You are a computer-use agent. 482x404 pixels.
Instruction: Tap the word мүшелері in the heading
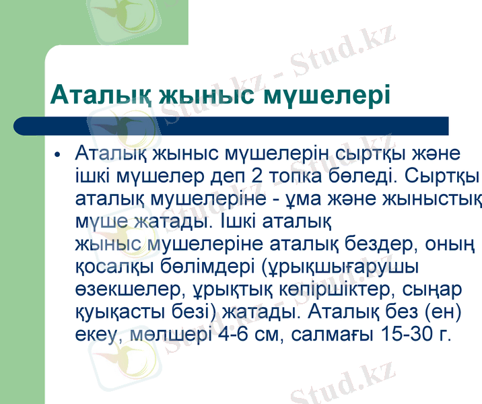click(x=326, y=95)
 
